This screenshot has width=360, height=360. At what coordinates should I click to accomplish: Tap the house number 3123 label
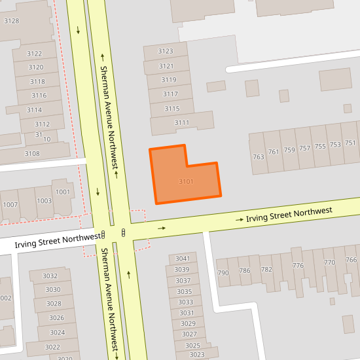pyautogui.click(x=166, y=51)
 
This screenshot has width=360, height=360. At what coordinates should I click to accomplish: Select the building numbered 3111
pyautogui.click(x=181, y=122)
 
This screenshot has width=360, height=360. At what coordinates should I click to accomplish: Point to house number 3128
pyautogui.click(x=11, y=21)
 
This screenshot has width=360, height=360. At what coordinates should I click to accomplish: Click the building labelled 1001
pyautogui.click(x=63, y=192)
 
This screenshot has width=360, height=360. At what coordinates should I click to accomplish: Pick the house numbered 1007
pyautogui.click(x=10, y=205)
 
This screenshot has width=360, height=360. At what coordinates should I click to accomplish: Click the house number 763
pyautogui.click(x=258, y=156)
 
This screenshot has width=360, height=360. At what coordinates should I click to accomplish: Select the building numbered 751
pyautogui.click(x=350, y=143)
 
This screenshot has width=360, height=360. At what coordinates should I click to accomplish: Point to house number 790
pyautogui.click(x=223, y=272)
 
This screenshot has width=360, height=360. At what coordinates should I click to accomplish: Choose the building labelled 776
pyautogui.click(x=298, y=265)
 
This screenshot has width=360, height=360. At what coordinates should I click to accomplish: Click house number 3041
pyautogui.click(x=183, y=259)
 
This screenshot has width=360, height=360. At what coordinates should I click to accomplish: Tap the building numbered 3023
pyautogui.click(x=196, y=354)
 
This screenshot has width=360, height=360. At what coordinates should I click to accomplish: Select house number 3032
pyautogui.click(x=50, y=276)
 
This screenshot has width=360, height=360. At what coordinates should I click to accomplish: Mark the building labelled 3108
pyautogui.click(x=31, y=153)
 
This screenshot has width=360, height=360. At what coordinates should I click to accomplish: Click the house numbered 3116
pyautogui.click(x=39, y=96)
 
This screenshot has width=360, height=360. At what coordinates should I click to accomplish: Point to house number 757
pyautogui.click(x=304, y=149)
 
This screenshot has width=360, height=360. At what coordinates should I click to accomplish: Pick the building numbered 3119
pyautogui.click(x=169, y=80)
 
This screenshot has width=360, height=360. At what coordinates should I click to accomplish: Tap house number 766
pyautogui.click(x=351, y=261)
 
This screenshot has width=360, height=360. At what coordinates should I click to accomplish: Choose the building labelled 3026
pyautogui.click(x=56, y=318)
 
